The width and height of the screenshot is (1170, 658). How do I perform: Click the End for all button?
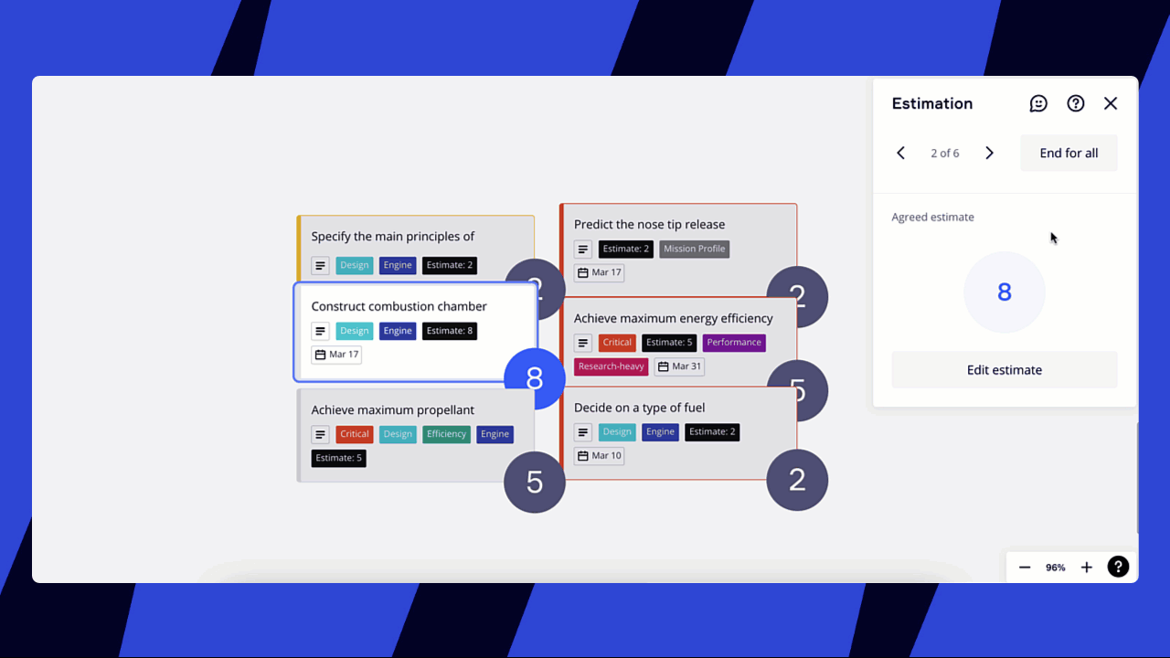point(1069,153)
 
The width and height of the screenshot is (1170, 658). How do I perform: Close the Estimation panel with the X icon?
point(1111,103)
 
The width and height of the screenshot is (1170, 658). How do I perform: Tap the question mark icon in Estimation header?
point(1076,103)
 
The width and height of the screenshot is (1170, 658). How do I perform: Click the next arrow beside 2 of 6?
point(989,153)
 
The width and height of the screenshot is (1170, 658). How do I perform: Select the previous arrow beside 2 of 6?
point(900,153)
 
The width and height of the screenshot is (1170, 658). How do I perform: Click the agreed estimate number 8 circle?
point(1004,292)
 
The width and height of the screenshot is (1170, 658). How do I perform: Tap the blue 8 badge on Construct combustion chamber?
point(535,378)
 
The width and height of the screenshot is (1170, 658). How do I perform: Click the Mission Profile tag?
point(694,249)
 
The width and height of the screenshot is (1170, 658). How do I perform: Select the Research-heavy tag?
point(611,366)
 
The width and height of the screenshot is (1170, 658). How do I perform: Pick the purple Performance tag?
point(734,343)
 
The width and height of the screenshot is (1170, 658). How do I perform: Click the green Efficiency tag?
point(446,434)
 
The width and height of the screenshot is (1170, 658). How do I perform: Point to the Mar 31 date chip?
point(679,366)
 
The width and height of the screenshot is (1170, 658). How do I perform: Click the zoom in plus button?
point(1086,568)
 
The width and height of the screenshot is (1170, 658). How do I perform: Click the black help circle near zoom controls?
point(1118,568)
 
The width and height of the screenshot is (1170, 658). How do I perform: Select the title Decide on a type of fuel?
point(639,408)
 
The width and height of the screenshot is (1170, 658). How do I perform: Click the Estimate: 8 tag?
point(449,331)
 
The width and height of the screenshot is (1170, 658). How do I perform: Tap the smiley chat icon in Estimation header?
point(1038,103)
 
